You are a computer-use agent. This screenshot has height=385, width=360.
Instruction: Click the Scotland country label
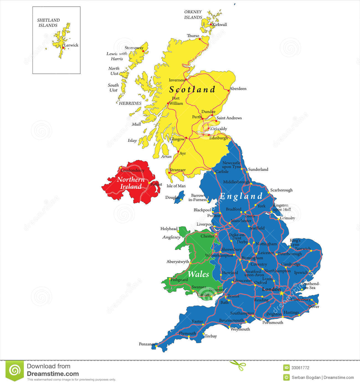192,89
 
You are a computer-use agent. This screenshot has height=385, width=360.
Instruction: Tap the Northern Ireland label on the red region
131,183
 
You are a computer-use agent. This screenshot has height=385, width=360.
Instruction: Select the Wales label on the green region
198,274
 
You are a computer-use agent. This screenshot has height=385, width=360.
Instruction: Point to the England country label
241,196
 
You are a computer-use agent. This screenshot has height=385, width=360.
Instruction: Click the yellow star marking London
282,293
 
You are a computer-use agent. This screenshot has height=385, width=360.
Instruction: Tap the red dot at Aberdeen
228,90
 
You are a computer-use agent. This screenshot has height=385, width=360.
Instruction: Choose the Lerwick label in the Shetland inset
71,45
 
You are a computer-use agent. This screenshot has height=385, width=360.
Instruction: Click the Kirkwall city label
220,25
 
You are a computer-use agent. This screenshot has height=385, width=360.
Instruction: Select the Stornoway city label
134,48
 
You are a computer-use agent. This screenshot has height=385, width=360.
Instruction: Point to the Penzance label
147,344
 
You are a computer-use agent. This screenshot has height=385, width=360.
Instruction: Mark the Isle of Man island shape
179,197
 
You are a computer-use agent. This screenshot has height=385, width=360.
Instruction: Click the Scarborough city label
281,190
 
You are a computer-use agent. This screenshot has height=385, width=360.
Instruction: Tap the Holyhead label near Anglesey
169,229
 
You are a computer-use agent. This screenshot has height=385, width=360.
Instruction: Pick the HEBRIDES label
130,103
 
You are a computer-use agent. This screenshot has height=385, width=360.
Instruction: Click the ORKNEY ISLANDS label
193,14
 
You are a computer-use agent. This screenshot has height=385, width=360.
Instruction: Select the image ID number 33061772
300,368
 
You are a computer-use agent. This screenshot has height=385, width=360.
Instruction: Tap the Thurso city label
193,36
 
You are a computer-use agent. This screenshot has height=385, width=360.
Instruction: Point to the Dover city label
314,307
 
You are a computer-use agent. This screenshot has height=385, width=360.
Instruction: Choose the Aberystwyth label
178,261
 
